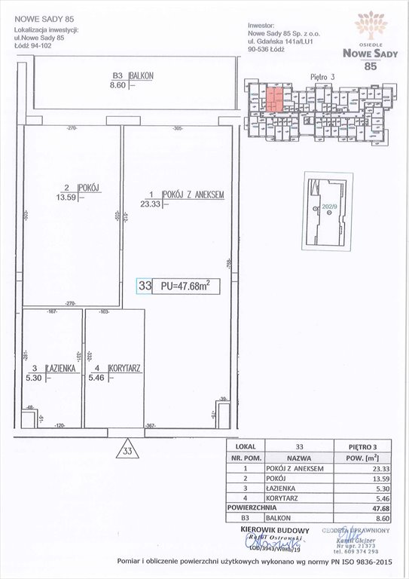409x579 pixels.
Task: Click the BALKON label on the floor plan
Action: pos(142,76)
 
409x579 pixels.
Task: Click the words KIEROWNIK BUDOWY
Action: pos(272,531)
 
